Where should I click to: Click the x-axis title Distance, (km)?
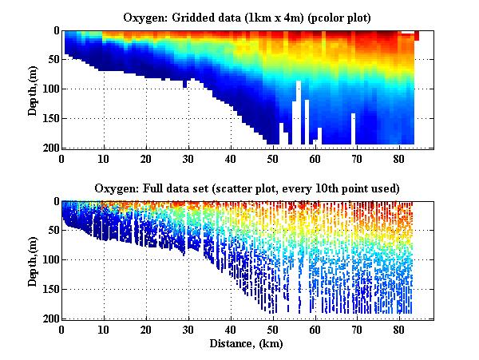click(247, 343)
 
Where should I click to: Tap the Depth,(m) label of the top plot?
click(33, 89)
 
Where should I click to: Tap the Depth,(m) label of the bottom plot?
click(33, 259)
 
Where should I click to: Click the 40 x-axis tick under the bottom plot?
click(231, 329)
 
